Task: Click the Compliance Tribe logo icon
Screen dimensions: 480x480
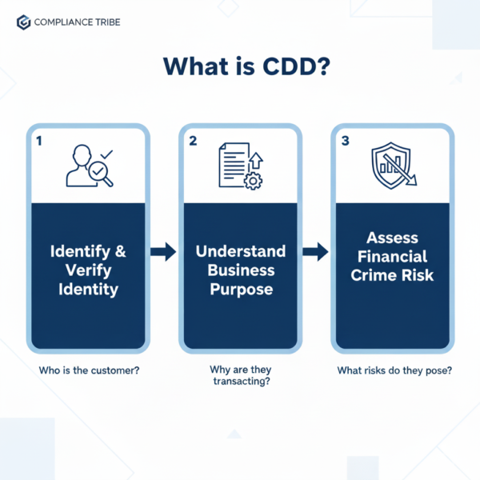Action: click(x=23, y=22)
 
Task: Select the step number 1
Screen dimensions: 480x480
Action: click(x=38, y=141)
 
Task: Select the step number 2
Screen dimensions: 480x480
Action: click(x=193, y=141)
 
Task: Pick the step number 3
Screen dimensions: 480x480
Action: click(x=345, y=141)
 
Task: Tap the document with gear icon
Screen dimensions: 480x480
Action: click(x=240, y=166)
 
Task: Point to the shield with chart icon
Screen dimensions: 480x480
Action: click(x=393, y=166)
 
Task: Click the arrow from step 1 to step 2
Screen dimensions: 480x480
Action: click(x=163, y=253)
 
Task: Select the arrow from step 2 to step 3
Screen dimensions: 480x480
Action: click(x=316, y=253)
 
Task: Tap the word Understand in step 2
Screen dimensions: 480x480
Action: click(x=241, y=252)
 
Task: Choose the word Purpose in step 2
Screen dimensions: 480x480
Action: click(x=241, y=288)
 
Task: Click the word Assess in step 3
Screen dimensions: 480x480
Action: click(x=393, y=238)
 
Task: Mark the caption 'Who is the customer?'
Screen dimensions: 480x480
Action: click(x=88, y=370)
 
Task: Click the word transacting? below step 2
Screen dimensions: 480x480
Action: click(x=241, y=383)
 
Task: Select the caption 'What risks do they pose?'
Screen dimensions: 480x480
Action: click(x=393, y=370)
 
